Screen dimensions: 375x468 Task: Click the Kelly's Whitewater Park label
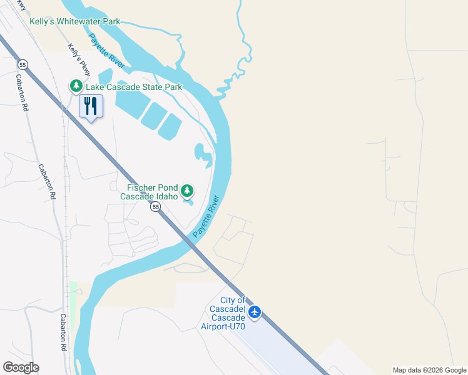(74, 21)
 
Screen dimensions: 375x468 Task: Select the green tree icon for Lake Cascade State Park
(75, 85)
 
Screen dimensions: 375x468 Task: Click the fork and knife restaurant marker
(91, 106)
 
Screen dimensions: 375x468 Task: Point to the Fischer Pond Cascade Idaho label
(153, 191)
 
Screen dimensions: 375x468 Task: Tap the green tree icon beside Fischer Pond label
(186, 190)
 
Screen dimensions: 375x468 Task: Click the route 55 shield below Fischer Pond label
(156, 206)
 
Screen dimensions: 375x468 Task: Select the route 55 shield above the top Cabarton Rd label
(23, 64)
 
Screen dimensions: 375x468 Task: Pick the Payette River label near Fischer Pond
(206, 216)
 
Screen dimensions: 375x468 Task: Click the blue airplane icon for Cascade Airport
(254, 311)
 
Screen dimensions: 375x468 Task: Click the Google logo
(21, 367)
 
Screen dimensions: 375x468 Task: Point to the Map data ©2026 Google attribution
(429, 370)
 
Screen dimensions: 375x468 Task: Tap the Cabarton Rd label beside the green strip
(64, 331)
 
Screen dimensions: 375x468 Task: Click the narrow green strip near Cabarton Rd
(73, 306)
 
